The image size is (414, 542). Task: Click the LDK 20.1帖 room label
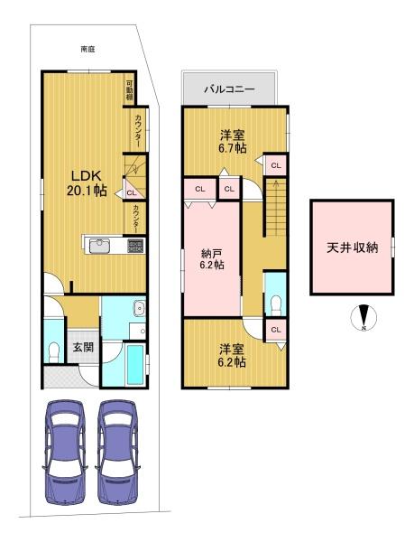[87, 183]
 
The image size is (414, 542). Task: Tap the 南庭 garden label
[87, 50]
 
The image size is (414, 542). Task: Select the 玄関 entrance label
[83, 347]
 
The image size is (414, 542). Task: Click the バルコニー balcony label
[229, 89]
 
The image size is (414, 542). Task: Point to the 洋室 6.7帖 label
[232, 142]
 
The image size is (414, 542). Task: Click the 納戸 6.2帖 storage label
[212, 259]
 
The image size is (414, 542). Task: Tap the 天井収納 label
[353, 248]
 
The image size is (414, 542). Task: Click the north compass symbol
[363, 317]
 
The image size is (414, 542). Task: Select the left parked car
[66, 453]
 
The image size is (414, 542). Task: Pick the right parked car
[117, 453]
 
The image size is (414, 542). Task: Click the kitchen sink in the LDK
[100, 246]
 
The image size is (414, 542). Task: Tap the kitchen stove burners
[135, 246]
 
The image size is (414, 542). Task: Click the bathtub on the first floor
[135, 364]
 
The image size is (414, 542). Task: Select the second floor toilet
[276, 305]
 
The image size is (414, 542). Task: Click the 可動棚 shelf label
[129, 90]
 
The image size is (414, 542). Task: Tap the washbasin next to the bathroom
[140, 307]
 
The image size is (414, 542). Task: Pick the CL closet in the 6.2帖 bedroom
[276, 330]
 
